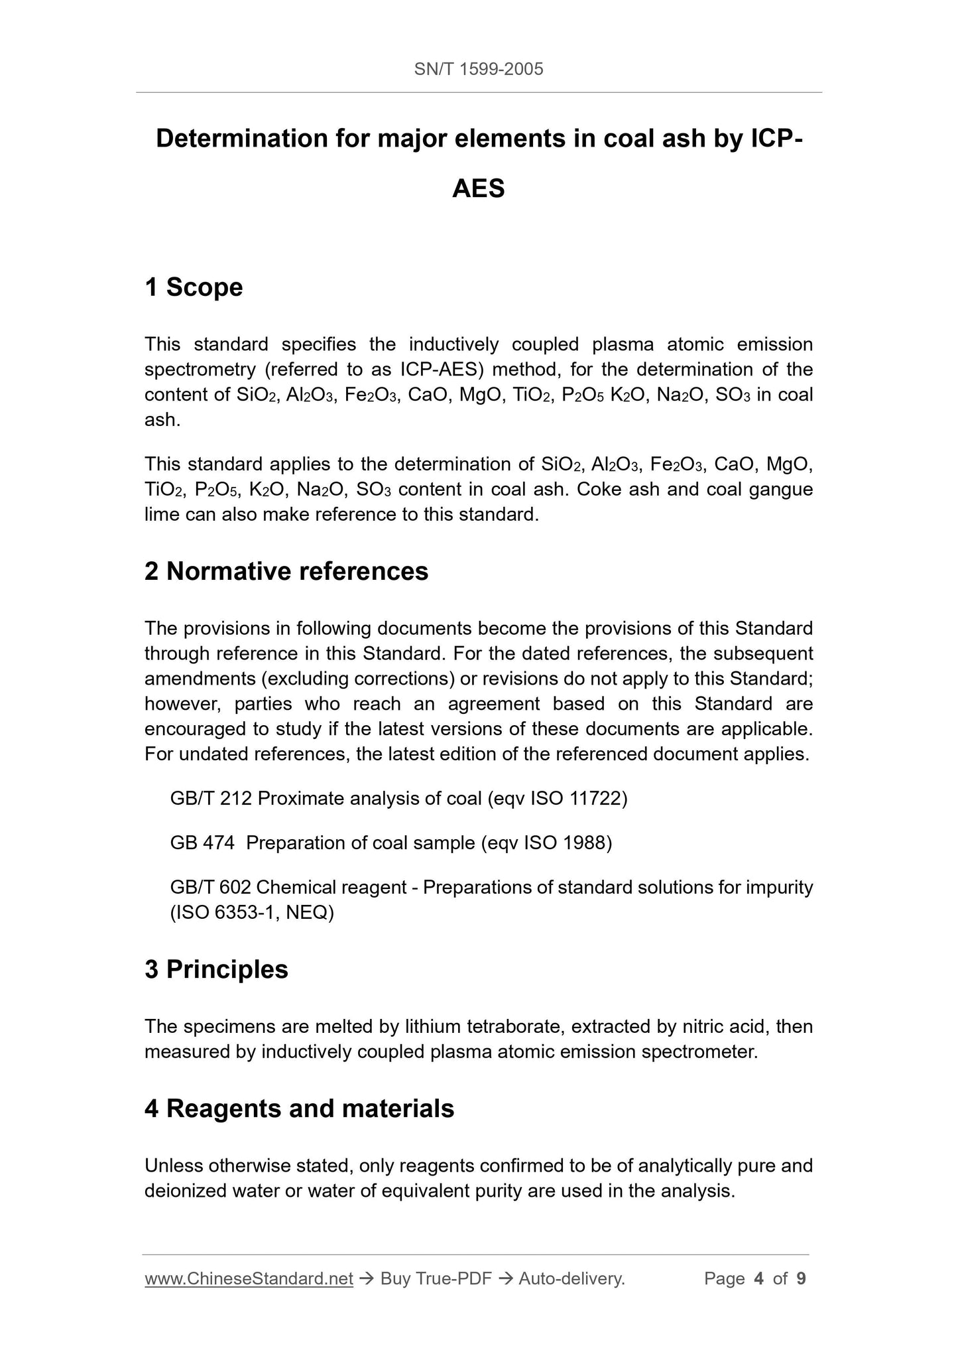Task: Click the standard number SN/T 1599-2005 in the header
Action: point(478,69)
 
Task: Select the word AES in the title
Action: point(478,189)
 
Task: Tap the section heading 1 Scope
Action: point(194,287)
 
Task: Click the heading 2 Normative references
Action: point(286,571)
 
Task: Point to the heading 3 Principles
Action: point(216,969)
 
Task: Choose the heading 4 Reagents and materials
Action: point(299,1109)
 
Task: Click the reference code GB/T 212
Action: point(211,798)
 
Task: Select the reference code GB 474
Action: point(202,843)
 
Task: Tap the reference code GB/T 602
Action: point(210,887)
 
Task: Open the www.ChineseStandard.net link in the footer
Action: point(249,1278)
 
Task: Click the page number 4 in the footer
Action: point(758,1278)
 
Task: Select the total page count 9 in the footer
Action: point(801,1278)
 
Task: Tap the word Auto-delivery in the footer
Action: point(571,1278)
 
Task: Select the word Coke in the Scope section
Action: point(599,489)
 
